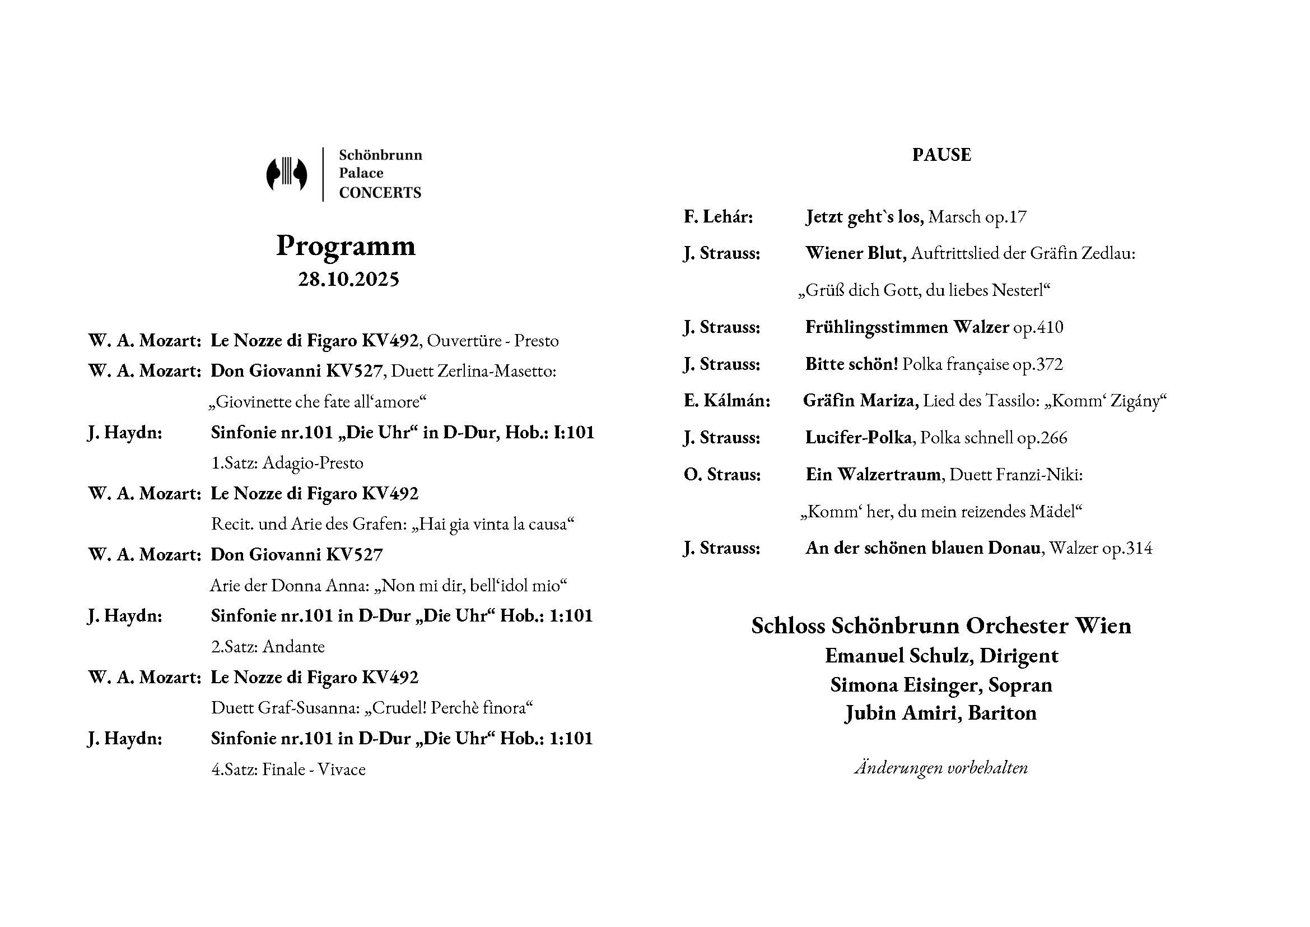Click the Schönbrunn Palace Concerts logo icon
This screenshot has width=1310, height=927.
tap(286, 174)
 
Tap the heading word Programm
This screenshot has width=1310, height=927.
tap(346, 246)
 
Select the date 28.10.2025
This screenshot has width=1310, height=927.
tap(348, 280)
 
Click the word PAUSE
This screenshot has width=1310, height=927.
tap(941, 155)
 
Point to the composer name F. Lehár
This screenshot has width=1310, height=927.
tap(719, 217)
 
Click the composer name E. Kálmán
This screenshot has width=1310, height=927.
tap(727, 401)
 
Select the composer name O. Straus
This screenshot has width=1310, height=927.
tap(722, 474)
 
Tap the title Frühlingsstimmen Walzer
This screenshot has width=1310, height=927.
tap(907, 327)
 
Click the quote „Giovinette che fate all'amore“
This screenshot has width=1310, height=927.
tap(318, 402)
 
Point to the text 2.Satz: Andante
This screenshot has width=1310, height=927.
tap(268, 647)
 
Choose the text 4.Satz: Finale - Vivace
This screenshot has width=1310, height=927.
tap(288, 770)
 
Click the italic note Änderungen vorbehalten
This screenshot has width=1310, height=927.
tap(941, 768)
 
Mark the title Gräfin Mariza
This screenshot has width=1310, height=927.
tap(860, 401)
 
